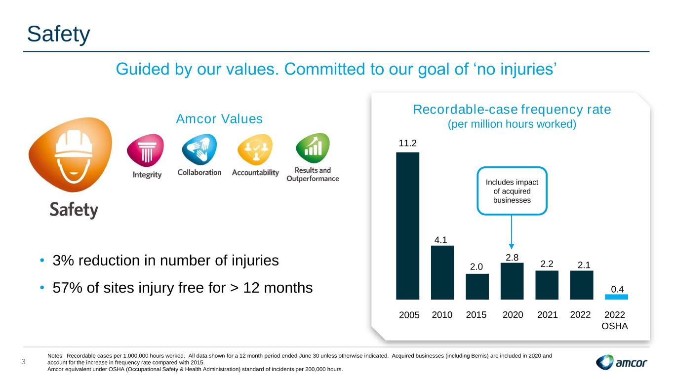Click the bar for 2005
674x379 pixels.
407,226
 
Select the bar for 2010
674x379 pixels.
442,272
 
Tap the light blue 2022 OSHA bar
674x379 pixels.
616,297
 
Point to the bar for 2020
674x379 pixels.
512,281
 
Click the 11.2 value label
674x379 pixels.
408,144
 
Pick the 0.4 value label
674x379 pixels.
616,289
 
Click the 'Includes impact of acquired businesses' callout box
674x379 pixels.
512,190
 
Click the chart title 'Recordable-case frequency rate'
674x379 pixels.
512,110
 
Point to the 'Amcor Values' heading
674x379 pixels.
219,119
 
